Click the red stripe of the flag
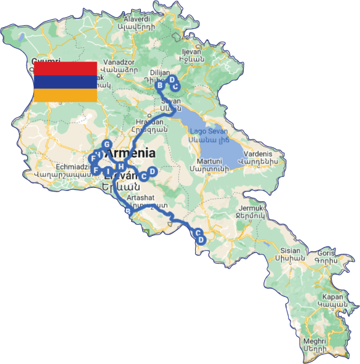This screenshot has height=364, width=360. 65,68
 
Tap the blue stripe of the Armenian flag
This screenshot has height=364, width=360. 65,81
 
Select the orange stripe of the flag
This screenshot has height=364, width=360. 65,95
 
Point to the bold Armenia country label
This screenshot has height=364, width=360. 130,153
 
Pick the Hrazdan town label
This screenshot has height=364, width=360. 150,122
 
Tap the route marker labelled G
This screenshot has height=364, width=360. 106,145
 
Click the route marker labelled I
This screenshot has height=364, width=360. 108,171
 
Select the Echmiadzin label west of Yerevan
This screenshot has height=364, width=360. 59,166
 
